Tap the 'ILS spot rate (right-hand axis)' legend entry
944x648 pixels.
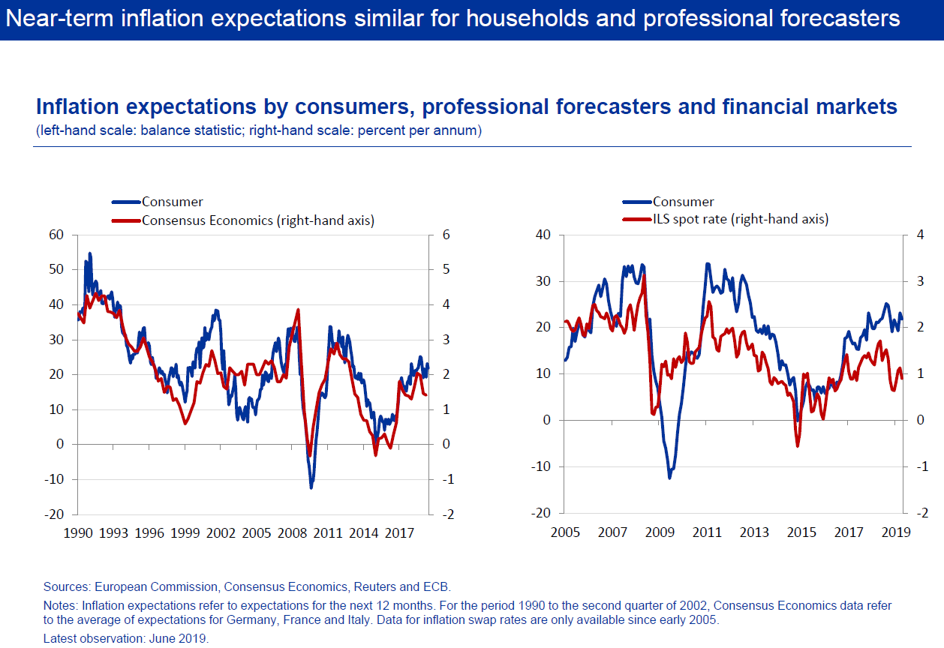[740, 220]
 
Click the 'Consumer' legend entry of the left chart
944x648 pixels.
[172, 202]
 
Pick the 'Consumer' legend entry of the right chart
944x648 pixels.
[683, 202]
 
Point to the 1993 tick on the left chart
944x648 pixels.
[113, 533]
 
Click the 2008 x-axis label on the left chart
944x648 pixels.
[292, 533]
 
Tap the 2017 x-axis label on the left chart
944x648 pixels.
[399, 533]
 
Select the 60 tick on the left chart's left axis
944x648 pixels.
[57, 235]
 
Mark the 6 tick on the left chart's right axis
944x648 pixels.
[446, 235]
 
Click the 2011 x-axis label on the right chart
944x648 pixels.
[707, 533]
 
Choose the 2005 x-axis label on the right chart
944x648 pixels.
[565, 533]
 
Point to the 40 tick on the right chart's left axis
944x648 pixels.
[543, 235]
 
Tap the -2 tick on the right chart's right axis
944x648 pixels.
[921, 513]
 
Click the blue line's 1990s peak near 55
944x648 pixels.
[90, 253]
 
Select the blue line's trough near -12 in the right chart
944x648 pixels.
[669, 477]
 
